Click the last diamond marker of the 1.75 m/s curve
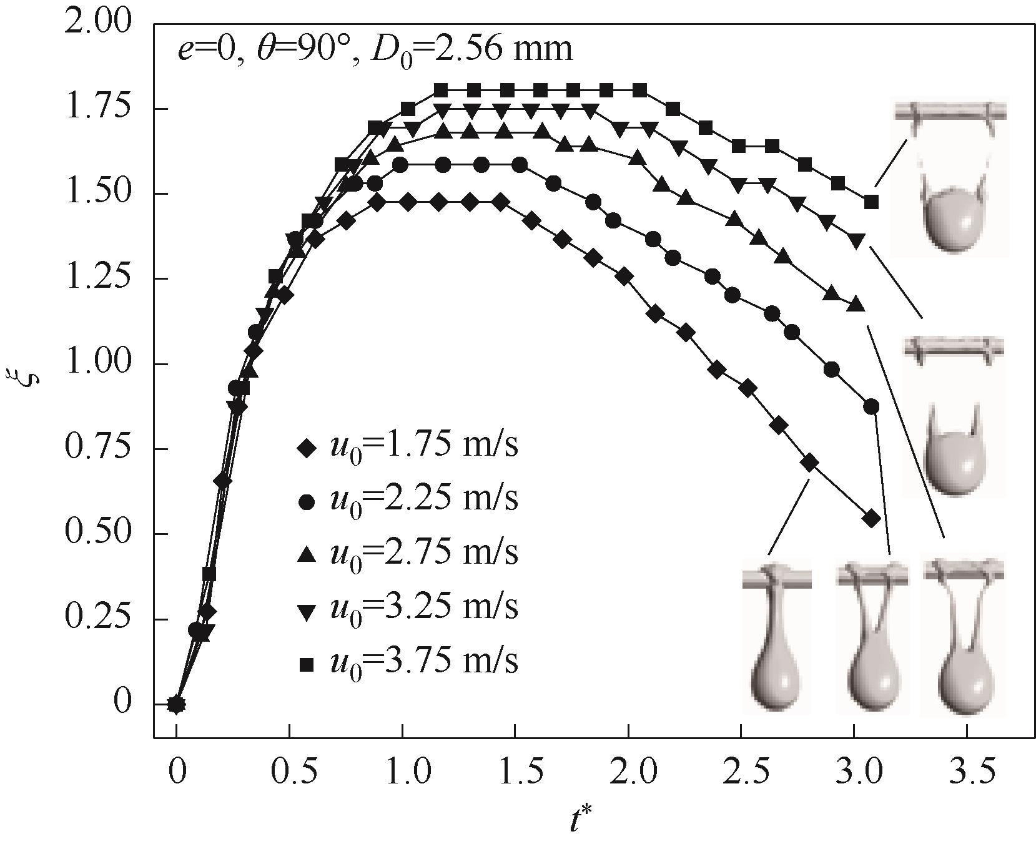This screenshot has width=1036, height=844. coord(871,518)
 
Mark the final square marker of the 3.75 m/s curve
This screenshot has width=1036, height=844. coord(871,202)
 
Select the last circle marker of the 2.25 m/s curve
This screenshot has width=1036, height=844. coord(871,407)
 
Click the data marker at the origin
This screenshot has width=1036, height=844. coord(177,704)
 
